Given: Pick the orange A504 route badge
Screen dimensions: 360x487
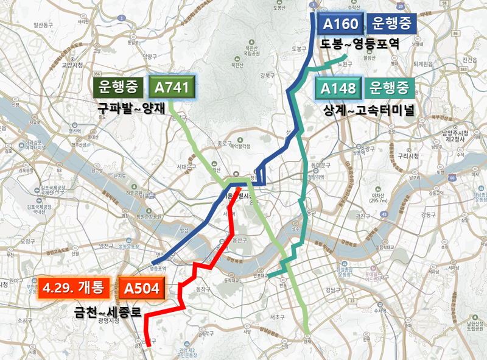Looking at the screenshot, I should point(141,287).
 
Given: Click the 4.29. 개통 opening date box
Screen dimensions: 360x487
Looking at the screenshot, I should point(75,287).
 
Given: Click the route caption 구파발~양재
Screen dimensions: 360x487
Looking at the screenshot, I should point(135,108).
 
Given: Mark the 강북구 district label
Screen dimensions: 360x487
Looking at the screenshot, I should point(267,76).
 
